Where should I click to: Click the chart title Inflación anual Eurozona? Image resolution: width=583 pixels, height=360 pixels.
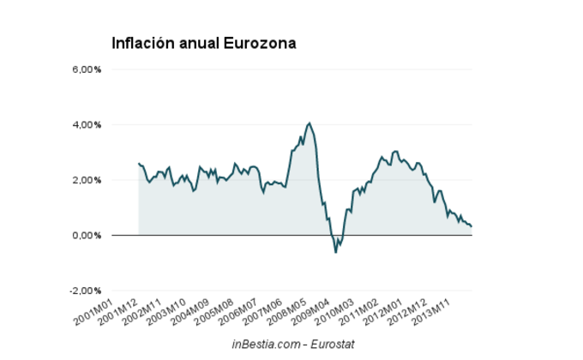[204, 43]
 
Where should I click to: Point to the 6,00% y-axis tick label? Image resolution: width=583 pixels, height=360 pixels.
[85, 69]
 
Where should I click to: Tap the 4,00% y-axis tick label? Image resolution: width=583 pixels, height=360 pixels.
[85, 125]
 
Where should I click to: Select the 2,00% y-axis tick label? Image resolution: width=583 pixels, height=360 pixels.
[85, 180]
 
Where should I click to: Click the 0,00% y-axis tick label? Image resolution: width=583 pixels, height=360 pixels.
[85, 236]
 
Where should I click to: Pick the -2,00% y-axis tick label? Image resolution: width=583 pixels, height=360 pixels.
[83, 291]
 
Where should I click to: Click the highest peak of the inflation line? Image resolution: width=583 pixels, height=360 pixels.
[309, 123]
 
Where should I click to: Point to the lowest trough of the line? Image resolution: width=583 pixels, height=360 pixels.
[335, 252]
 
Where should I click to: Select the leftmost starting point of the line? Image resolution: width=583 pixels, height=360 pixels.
[139, 163]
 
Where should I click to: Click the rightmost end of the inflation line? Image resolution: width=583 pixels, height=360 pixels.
[472, 226]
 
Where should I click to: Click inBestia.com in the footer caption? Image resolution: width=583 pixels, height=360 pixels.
[266, 343]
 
